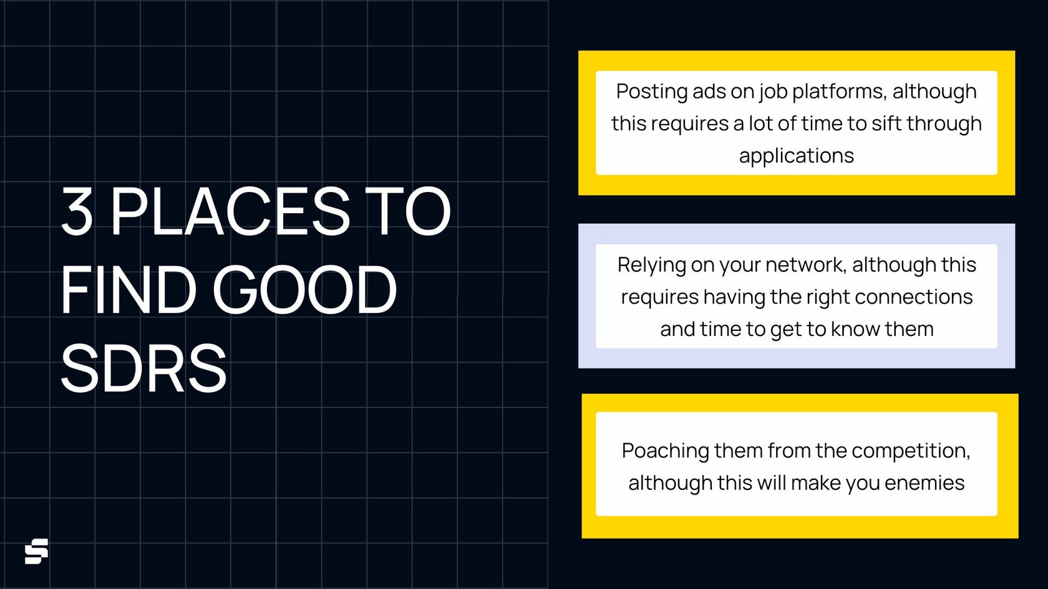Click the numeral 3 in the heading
tap(77, 211)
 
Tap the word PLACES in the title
tap(230, 211)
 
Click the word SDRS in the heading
tap(143, 368)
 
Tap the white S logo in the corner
tap(36, 551)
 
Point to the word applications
tap(796, 155)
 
